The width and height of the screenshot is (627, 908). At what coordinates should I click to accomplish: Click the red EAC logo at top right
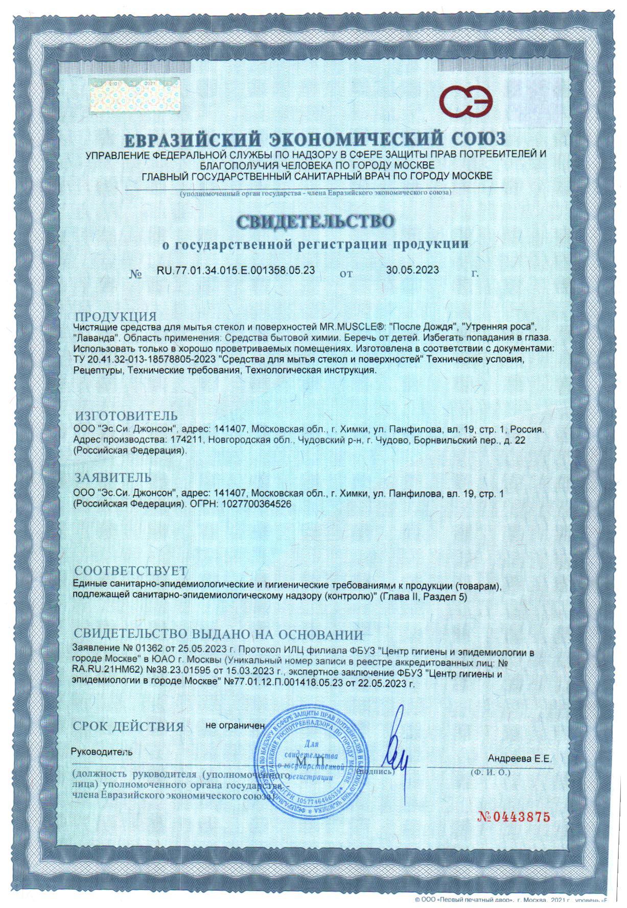click(x=468, y=100)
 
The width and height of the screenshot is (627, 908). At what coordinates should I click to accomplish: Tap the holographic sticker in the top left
click(x=135, y=95)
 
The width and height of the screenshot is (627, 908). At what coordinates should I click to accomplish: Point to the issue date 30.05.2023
click(x=412, y=270)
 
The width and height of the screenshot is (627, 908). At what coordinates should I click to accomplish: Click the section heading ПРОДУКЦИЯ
click(x=115, y=316)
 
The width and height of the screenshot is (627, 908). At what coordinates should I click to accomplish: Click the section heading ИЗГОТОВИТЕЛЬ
click(x=126, y=415)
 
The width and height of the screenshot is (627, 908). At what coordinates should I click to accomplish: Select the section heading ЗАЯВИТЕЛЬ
click(x=113, y=478)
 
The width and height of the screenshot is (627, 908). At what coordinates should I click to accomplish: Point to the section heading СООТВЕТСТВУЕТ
click(x=131, y=570)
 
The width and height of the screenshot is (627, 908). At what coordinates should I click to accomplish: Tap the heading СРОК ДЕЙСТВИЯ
click(x=128, y=726)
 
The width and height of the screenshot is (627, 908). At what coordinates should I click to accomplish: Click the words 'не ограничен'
click(x=235, y=725)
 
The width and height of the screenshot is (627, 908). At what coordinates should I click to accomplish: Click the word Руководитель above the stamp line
click(x=102, y=752)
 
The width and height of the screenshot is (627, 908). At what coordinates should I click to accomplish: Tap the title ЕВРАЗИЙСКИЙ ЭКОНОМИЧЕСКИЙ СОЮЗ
click(x=315, y=139)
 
